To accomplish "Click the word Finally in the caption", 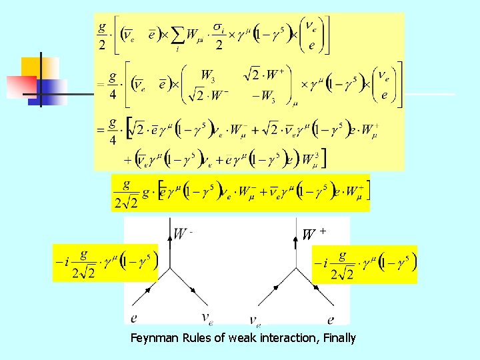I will pyautogui.click(x=339, y=338).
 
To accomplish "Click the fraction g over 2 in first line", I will pyautogui.click(x=102, y=34).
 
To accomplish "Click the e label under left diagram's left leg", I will pyautogui.click(x=135, y=319).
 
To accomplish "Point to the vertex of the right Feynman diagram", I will pyautogui.click(x=295, y=269).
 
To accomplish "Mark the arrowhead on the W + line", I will pyautogui.click(x=295, y=243).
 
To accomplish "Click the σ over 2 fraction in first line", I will pyautogui.click(x=218, y=34).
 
